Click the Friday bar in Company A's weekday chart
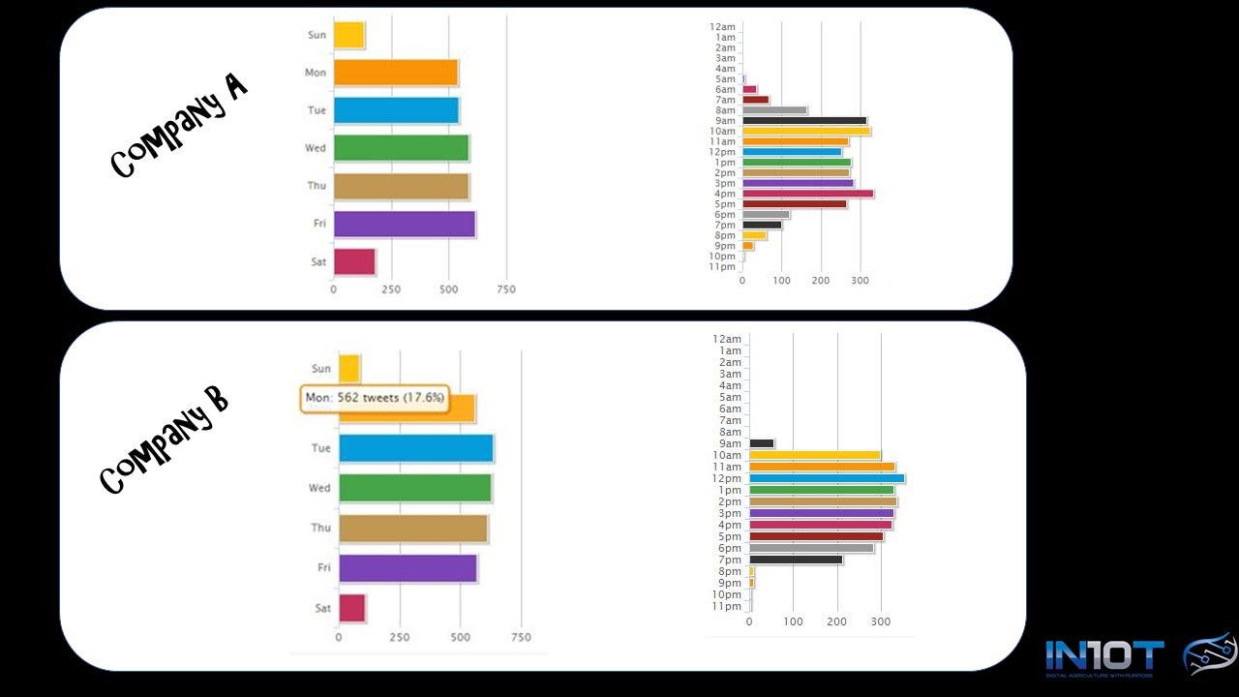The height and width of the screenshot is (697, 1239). click(404, 224)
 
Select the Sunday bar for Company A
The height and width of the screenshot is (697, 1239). click(348, 35)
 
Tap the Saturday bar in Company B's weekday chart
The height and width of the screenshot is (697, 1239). click(351, 608)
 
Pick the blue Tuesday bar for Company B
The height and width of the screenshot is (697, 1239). click(415, 448)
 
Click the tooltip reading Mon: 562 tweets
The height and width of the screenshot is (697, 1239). click(375, 398)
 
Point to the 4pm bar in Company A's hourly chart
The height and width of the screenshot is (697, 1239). click(807, 194)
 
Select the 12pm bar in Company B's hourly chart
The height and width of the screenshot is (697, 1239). click(827, 478)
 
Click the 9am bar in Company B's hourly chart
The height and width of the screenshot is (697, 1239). click(762, 443)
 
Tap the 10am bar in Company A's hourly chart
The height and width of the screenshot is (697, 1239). click(806, 131)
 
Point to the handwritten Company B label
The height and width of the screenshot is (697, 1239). click(165, 440)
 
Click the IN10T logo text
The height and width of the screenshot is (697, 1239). click(1103, 656)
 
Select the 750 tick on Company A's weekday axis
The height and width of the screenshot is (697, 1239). click(505, 289)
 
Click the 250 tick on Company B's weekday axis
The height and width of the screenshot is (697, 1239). click(399, 638)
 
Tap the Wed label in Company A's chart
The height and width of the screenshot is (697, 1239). click(317, 148)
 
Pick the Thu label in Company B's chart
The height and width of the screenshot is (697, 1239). click(320, 528)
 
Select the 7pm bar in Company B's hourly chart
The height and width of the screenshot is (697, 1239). click(796, 560)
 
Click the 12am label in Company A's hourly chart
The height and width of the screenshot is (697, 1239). click(723, 26)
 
